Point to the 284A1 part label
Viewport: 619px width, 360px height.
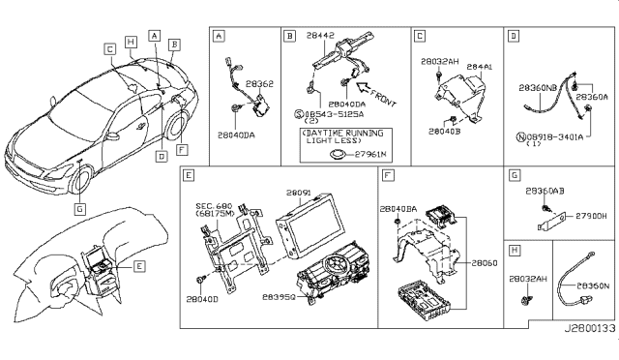478,67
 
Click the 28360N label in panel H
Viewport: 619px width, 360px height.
591,286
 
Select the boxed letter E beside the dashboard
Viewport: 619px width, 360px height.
139,265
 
